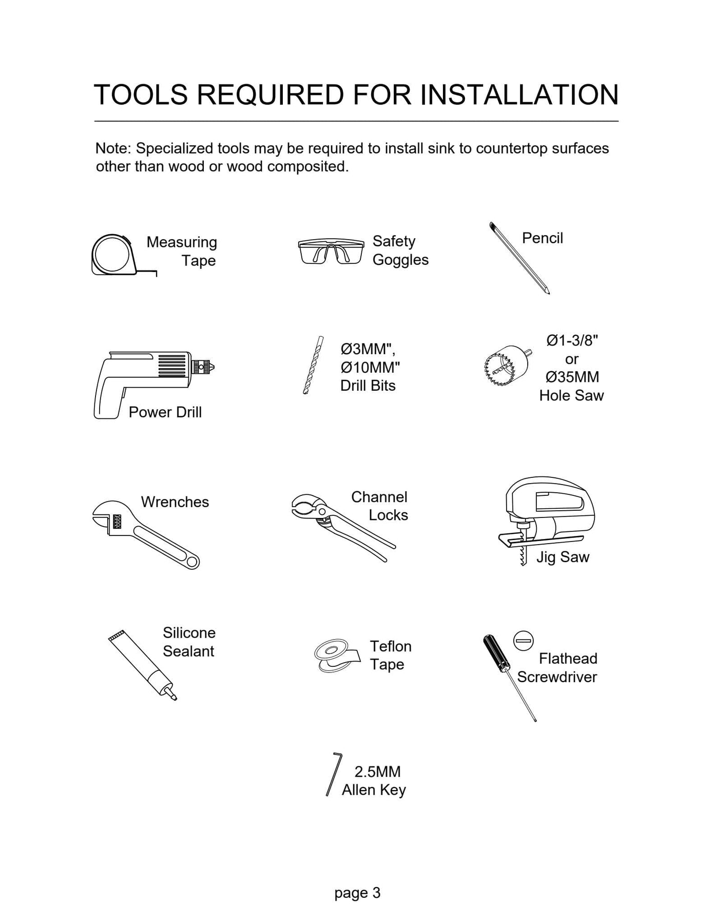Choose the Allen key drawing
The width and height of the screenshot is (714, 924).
click(x=333, y=774)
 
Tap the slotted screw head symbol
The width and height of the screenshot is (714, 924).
click(x=524, y=641)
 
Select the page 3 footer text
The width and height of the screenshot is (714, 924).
click(x=357, y=893)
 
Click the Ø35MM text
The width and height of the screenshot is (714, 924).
click(x=572, y=377)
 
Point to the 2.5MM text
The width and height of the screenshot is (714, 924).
click(x=377, y=772)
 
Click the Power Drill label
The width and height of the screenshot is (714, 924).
click(x=165, y=412)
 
